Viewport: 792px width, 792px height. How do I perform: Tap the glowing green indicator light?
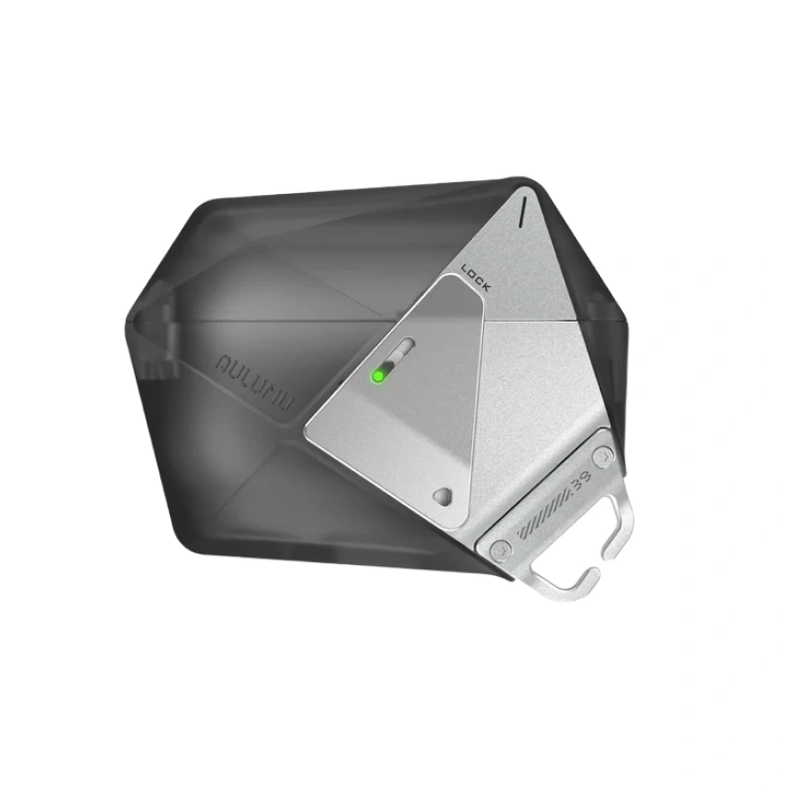pyautogui.click(x=377, y=375)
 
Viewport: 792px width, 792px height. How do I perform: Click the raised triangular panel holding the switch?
pyautogui.click(x=396, y=426)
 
